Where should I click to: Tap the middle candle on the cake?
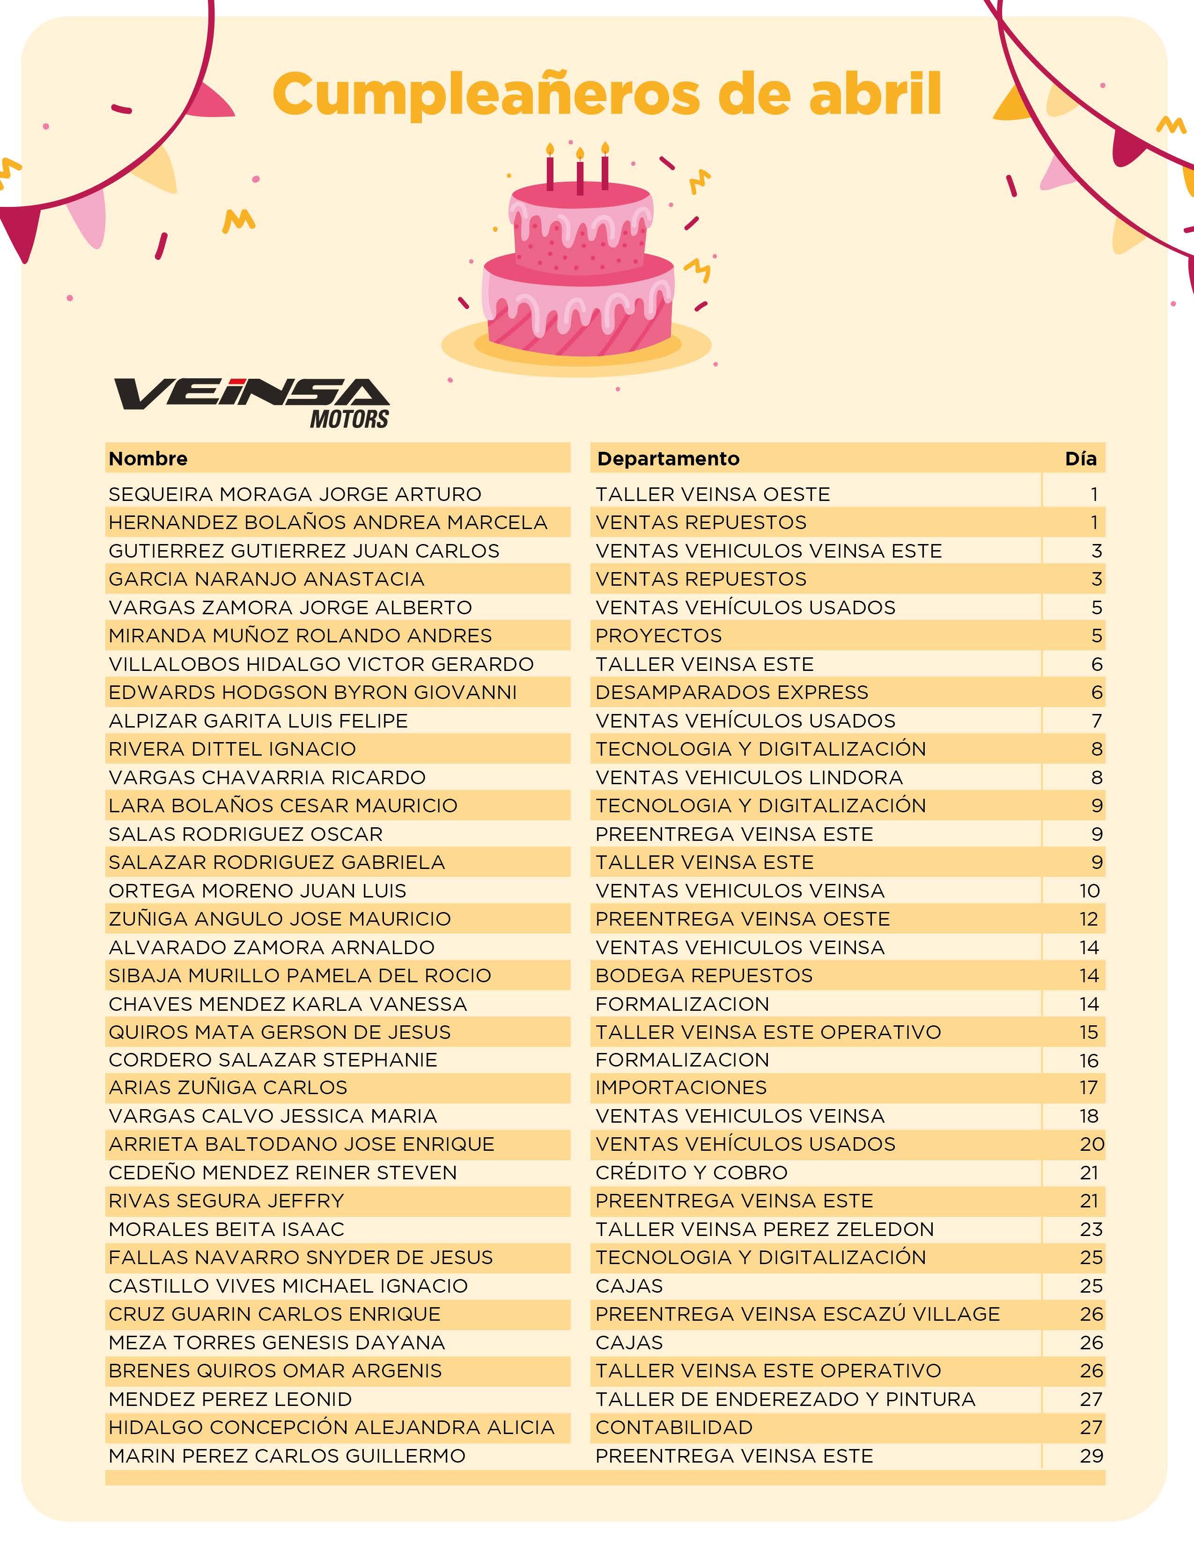coord(580,173)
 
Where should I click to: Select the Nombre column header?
coord(148,458)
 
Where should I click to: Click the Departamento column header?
coord(668,458)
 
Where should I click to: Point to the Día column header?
coord(1080,458)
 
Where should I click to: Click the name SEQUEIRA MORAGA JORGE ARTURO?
coord(294,494)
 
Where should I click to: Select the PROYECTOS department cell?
coord(658,635)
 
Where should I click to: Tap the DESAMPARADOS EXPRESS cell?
coord(731,692)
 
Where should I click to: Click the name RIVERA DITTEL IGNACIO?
coord(232,749)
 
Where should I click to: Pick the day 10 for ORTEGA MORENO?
coord(1089,890)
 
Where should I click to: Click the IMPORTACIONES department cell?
coord(680,1087)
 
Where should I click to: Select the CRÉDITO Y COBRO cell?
coord(691,1172)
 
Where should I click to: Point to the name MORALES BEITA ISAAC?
coord(226,1229)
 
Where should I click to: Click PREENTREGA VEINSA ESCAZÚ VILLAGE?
coord(797,1314)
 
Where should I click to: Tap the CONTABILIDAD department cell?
coord(673,1427)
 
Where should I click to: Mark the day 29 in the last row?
coord(1091,1455)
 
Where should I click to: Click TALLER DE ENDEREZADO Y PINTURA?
coord(785,1398)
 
